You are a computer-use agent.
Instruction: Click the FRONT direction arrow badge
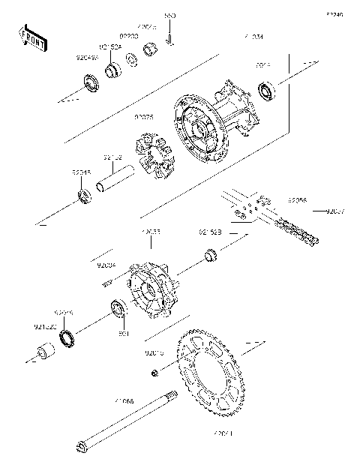point(32,39)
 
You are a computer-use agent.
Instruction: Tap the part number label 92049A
point(87,56)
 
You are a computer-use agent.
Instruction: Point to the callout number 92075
point(144,117)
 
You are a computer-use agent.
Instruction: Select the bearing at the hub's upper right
point(267,92)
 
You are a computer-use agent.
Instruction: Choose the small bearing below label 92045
point(85,197)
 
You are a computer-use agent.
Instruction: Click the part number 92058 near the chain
point(297,200)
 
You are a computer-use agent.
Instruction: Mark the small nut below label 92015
point(154,373)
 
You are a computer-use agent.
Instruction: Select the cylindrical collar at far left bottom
point(45,352)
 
